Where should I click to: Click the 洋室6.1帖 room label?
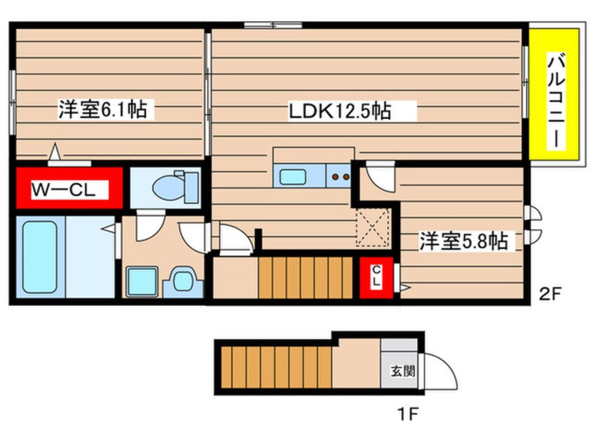[103, 110]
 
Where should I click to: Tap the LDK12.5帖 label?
[340, 110]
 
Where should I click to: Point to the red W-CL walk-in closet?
[68, 189]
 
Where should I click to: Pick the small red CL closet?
[376, 277]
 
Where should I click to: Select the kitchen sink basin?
[291, 176]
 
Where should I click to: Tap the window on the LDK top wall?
[273, 25]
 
